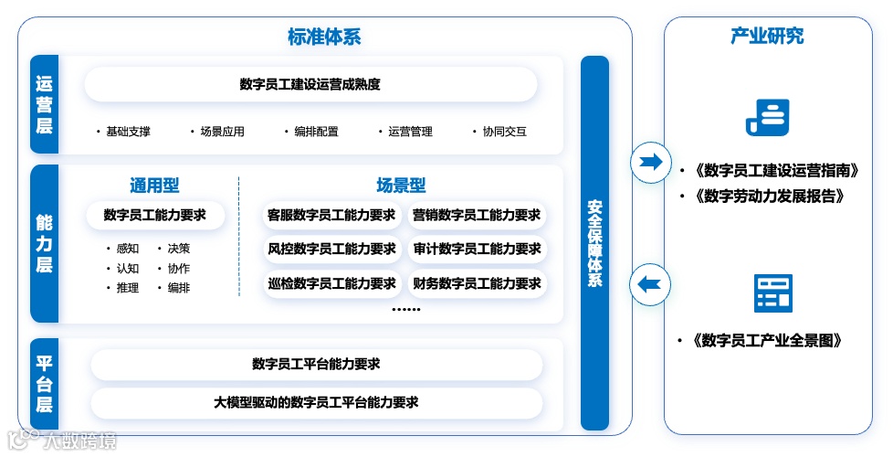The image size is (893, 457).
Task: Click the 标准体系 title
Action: pyautogui.click(x=324, y=37)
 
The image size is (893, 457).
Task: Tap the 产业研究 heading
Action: pyautogui.click(x=767, y=37)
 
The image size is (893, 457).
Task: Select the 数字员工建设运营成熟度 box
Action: pyautogui.click(x=310, y=85)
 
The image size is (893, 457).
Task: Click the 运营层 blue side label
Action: pyautogui.click(x=44, y=105)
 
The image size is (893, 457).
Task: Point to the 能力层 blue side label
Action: pyautogui.click(x=44, y=244)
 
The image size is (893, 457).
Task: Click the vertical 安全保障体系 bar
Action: pyautogui.click(x=594, y=243)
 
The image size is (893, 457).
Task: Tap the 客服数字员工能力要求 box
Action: pyautogui.click(x=331, y=216)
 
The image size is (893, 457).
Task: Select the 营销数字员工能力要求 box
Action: pyautogui.click(x=477, y=216)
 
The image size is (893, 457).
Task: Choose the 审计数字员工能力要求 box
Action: pyautogui.click(x=477, y=249)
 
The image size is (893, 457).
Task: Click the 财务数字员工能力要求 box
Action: pyautogui.click(x=477, y=283)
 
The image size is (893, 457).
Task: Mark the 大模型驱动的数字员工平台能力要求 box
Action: pyautogui.click(x=316, y=402)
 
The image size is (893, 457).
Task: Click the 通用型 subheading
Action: pyautogui.click(x=153, y=186)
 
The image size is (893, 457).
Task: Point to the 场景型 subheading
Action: pyautogui.click(x=401, y=186)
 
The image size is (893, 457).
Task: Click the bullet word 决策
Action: pyautogui.click(x=179, y=249)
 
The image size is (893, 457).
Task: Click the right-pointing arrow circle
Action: pyautogui.click(x=650, y=163)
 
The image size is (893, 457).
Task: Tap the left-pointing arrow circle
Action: pyautogui.click(x=650, y=283)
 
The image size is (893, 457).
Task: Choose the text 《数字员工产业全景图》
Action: pyautogui.click(x=767, y=341)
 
